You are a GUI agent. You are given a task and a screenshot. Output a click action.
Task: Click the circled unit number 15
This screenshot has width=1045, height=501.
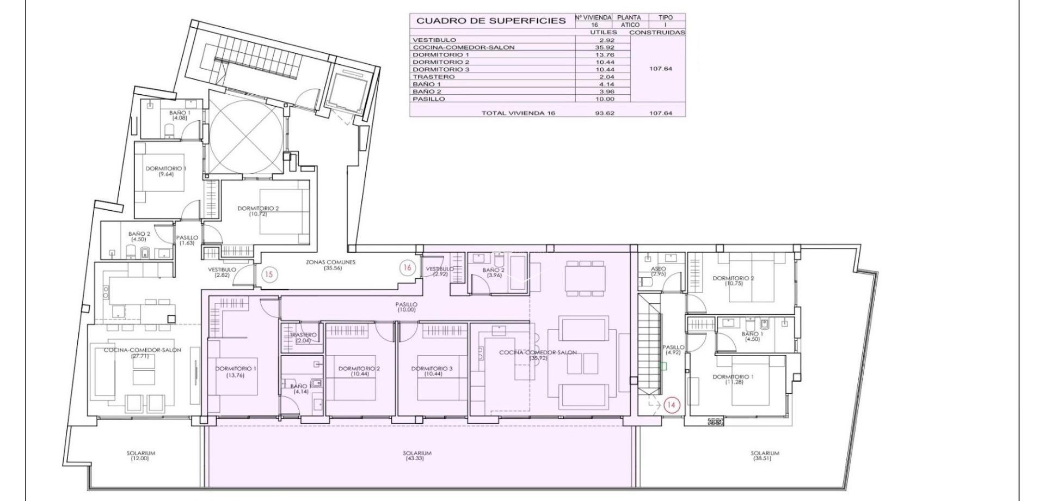click(268, 274)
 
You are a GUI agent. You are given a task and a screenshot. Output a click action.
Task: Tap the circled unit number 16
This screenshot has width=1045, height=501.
click(407, 267)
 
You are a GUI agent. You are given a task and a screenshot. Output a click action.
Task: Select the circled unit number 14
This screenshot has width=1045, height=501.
click(672, 405)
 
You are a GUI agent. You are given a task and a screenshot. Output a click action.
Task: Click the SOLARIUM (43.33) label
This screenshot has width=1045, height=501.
click(417, 456)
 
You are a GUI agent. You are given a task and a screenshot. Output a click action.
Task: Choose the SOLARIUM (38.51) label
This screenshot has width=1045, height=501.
click(765, 456)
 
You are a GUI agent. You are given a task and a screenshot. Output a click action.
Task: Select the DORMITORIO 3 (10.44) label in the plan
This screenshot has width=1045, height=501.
click(432, 371)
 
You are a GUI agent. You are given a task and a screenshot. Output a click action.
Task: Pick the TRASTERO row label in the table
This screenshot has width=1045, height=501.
click(434, 77)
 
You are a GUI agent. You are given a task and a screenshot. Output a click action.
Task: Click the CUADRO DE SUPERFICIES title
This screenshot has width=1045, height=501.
click(491, 21)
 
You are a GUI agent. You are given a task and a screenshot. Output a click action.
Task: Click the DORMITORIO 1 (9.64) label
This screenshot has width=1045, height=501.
click(166, 172)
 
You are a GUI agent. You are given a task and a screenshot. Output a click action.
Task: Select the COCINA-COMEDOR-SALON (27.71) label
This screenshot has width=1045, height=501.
click(143, 353)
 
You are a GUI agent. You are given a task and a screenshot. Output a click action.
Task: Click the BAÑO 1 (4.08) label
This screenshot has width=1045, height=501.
click(180, 115)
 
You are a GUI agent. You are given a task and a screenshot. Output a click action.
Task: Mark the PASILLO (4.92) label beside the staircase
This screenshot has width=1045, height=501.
click(673, 350)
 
